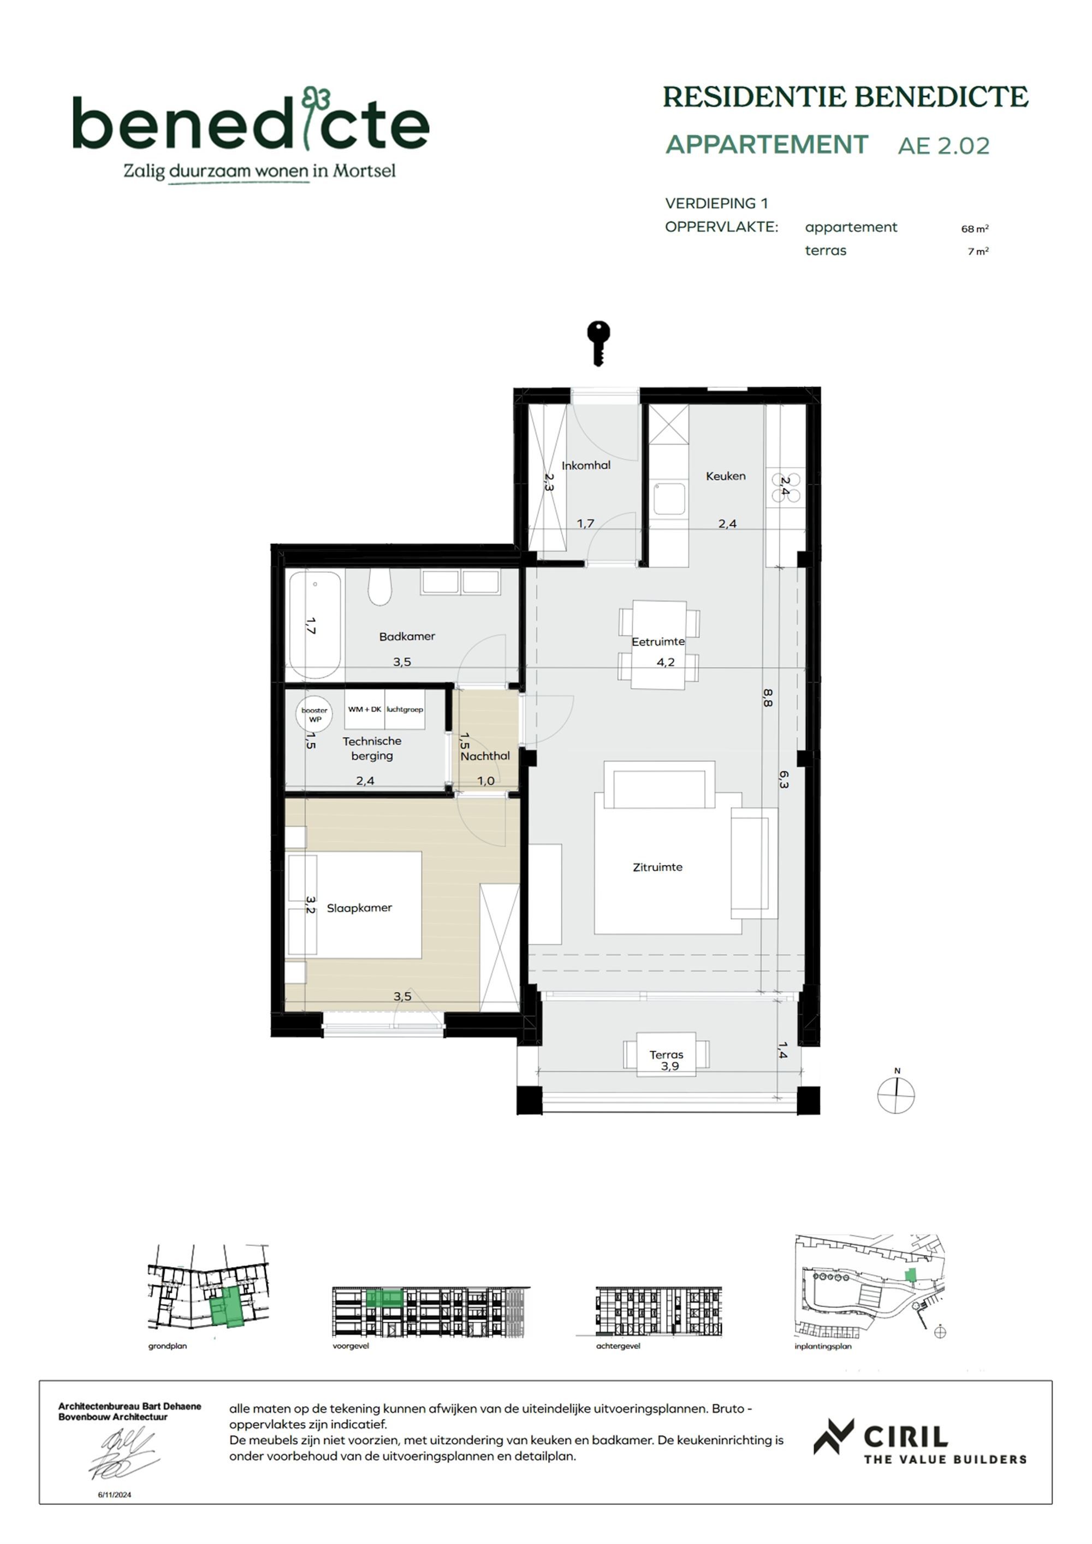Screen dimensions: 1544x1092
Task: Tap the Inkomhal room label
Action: pyautogui.click(x=586, y=465)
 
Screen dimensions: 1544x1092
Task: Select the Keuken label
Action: pyautogui.click(x=726, y=476)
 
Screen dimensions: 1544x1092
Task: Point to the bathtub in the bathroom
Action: pyautogui.click(x=314, y=624)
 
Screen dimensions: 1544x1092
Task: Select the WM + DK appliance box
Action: pyautogui.click(x=364, y=709)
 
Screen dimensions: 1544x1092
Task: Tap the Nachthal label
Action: pyautogui.click(x=485, y=756)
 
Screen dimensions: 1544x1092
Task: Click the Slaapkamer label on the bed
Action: pyautogui.click(x=359, y=908)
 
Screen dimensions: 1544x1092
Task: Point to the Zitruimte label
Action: pyautogui.click(x=657, y=867)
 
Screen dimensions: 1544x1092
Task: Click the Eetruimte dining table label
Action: pyautogui.click(x=657, y=642)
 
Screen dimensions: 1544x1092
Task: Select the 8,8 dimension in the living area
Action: pyautogui.click(x=768, y=697)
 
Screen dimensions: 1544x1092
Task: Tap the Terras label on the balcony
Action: pyautogui.click(x=666, y=1055)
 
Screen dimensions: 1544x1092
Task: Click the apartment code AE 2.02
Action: pyautogui.click(x=943, y=146)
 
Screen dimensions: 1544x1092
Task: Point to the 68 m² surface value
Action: pyautogui.click(x=974, y=229)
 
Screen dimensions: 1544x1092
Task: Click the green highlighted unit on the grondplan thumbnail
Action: pyautogui.click(x=229, y=1306)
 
